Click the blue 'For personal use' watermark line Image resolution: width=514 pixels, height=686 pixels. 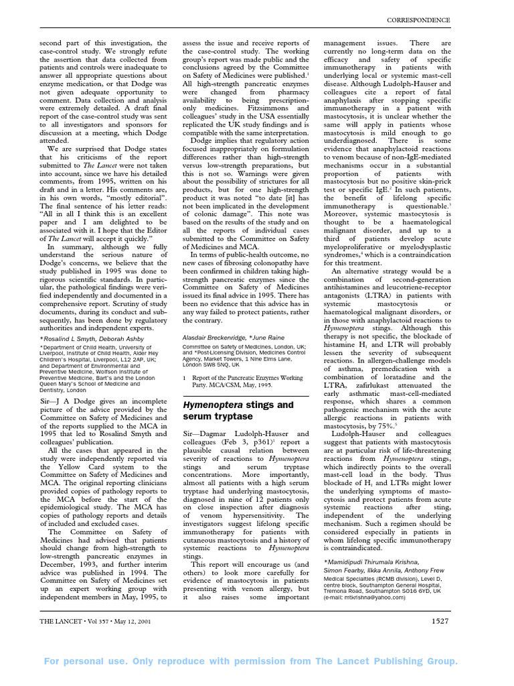pos(251,661)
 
